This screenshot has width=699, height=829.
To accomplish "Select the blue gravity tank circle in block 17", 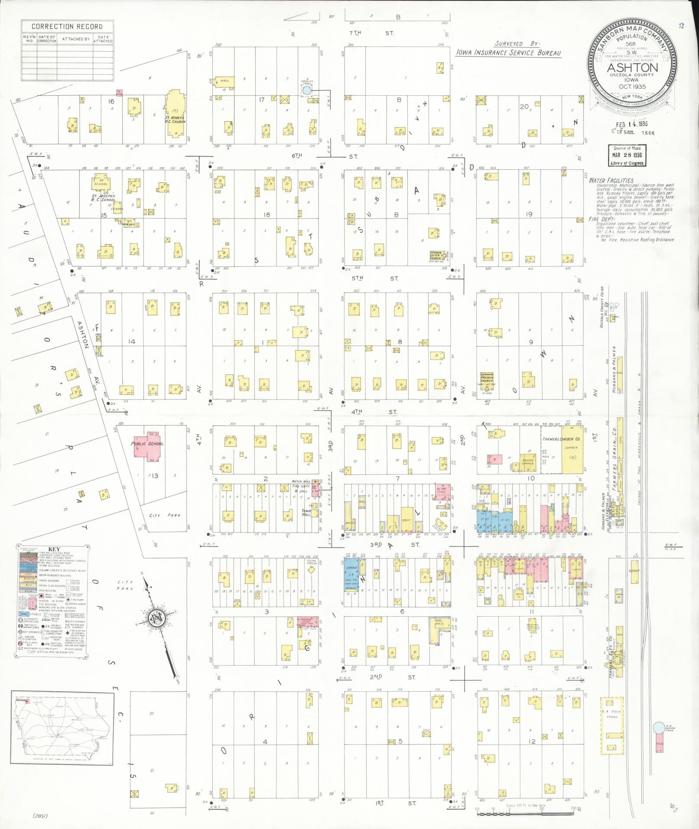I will (x=306, y=91).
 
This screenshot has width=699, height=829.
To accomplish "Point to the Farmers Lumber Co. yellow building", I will (x=572, y=450).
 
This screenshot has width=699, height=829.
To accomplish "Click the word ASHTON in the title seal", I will (x=632, y=68).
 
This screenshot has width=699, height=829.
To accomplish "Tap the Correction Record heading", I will (x=67, y=26).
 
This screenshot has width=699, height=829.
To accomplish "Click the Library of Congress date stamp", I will (x=627, y=156).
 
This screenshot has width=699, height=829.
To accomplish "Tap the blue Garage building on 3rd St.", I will (x=351, y=576).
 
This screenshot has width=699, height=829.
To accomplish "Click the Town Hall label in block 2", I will (x=307, y=514).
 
